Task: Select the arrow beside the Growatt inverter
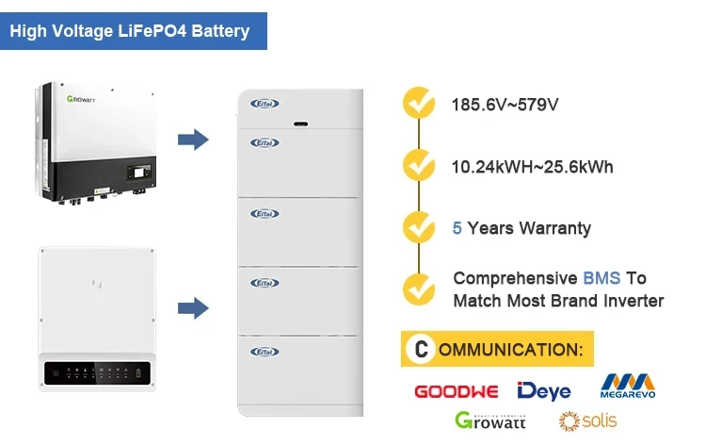click(x=193, y=140)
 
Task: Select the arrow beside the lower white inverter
click(x=193, y=307)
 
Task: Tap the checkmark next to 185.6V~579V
click(x=418, y=104)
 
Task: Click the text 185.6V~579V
click(x=505, y=105)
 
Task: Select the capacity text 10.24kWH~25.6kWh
click(x=533, y=167)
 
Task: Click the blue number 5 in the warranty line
click(x=457, y=228)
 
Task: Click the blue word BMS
click(x=602, y=279)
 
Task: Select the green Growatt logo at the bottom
click(x=491, y=420)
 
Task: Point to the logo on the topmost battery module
click(x=265, y=104)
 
